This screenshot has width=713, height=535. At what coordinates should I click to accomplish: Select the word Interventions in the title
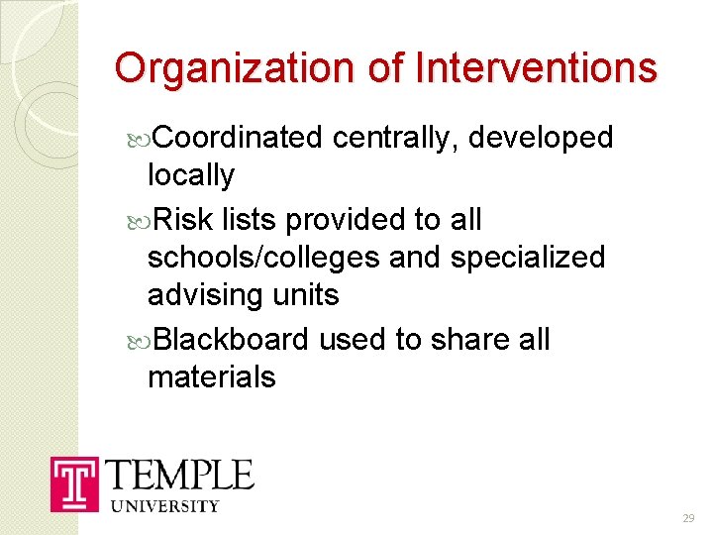[x=536, y=68]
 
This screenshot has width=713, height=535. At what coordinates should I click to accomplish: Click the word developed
[x=541, y=138]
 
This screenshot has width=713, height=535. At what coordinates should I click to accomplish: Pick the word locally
[x=191, y=176]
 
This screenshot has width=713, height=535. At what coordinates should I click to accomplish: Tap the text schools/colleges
[x=263, y=258]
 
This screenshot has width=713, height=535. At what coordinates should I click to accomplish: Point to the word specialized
[x=527, y=258]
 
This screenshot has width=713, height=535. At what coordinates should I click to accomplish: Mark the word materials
[x=211, y=376]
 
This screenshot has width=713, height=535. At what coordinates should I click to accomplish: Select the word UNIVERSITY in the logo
[x=165, y=506]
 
